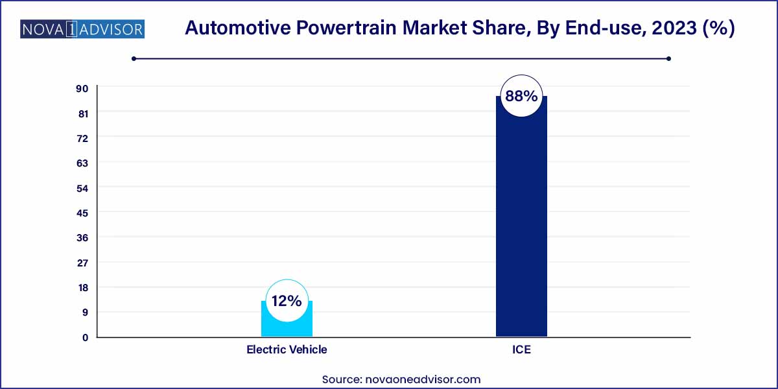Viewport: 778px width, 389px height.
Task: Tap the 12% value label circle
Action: [287, 301]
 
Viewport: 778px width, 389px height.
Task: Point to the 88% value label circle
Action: [521, 97]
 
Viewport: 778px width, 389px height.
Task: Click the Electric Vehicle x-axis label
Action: [287, 349]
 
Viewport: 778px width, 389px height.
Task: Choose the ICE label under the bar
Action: [521, 349]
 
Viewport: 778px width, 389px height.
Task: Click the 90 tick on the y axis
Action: [83, 88]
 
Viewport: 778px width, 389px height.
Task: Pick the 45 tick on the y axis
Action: [83, 213]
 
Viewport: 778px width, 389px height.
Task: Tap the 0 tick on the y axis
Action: [85, 337]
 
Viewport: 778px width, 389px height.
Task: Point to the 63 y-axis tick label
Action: [83, 163]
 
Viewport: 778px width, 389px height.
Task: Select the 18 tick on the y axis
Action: [83, 287]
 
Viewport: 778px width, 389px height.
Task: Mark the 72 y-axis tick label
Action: [83, 138]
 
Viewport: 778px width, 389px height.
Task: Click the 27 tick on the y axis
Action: [83, 263]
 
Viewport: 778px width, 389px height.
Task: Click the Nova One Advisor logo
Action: [82, 29]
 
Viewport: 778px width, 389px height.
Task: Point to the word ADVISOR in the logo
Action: [111, 29]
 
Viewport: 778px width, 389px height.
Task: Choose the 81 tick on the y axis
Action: [83, 113]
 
